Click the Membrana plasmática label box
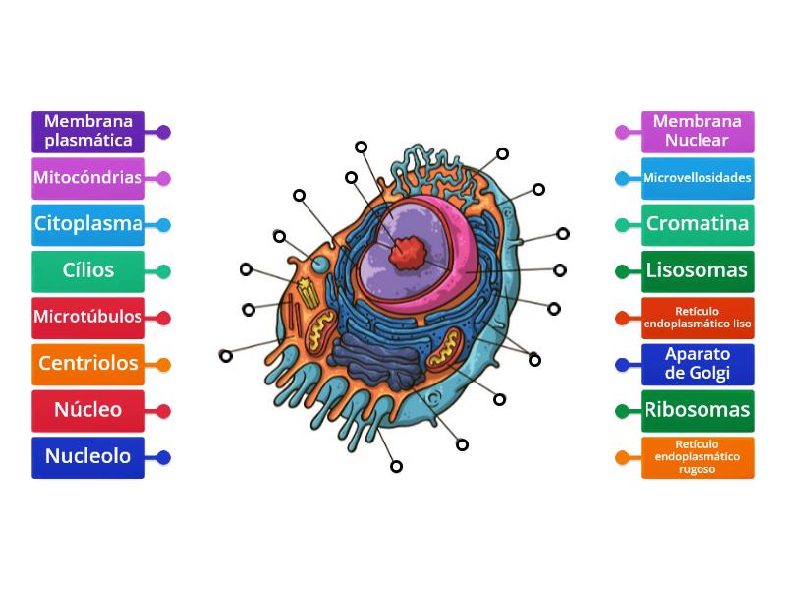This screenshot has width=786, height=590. point(88,132)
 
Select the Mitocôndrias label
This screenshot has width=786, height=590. point(88,178)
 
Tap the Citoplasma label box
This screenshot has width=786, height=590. point(88,225)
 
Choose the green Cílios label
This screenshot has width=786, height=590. point(88,271)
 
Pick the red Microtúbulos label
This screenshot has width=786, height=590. point(88,318)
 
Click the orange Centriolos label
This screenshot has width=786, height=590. point(88,364)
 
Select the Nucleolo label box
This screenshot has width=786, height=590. point(88,457)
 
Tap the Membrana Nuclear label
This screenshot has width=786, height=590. point(698,132)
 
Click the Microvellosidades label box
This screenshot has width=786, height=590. point(698,178)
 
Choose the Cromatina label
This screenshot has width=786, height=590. point(698,225)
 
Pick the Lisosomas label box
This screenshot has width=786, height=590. point(698,271)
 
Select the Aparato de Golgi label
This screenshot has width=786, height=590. point(698,364)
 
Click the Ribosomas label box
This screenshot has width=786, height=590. point(698,411)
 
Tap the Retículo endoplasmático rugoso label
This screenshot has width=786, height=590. point(698,457)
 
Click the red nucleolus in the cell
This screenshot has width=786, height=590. point(407,253)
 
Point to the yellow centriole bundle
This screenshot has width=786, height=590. point(308,293)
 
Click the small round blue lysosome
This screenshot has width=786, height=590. point(319,264)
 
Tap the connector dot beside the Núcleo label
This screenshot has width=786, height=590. point(163,411)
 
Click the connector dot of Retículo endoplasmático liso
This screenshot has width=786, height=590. point(622,318)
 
